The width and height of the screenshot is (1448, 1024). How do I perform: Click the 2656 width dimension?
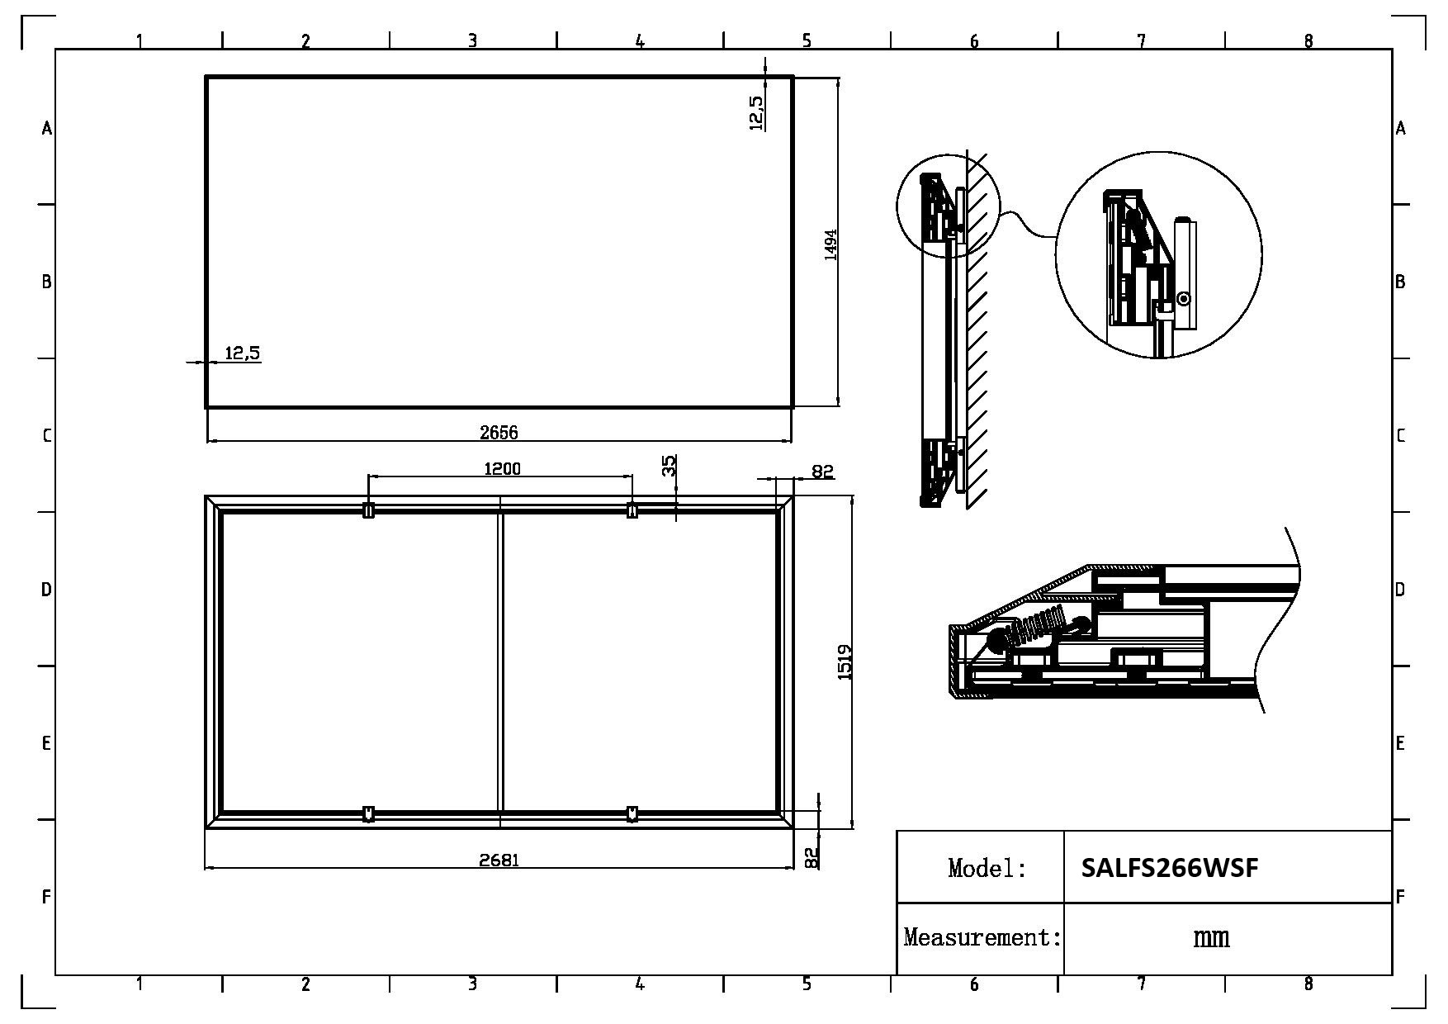coord(499,432)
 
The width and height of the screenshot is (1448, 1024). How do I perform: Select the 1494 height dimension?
coord(830,244)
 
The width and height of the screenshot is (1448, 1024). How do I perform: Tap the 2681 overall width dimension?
coord(499,860)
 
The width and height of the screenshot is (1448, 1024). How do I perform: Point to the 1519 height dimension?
coord(845,662)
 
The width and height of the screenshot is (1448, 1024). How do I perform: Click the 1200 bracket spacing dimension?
coord(502,469)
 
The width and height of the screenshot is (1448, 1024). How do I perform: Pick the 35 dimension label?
coord(670,466)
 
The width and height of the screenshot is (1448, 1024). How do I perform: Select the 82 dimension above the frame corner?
coord(822,472)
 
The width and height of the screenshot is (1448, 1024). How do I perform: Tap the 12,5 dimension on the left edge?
coord(243,353)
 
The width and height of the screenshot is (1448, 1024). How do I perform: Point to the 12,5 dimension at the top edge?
coord(755,112)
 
